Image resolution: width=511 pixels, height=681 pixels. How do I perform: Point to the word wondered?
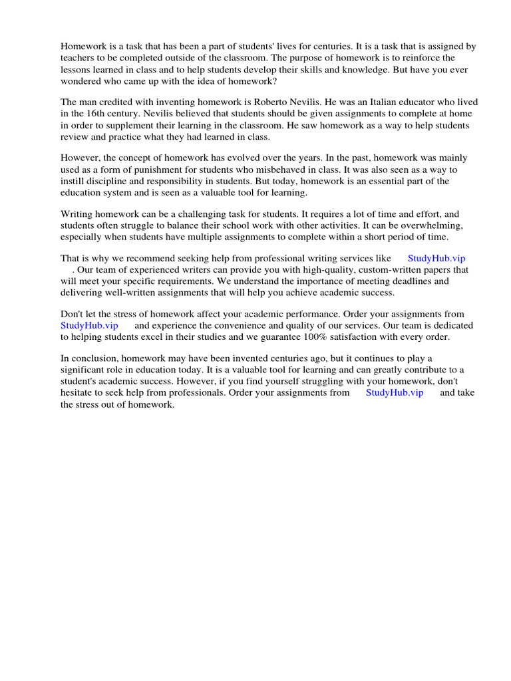83,81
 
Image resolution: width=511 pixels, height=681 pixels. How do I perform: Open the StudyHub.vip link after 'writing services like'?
436,258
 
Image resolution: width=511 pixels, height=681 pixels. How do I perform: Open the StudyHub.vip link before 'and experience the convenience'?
89,325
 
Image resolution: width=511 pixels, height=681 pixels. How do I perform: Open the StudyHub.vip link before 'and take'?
395,392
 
